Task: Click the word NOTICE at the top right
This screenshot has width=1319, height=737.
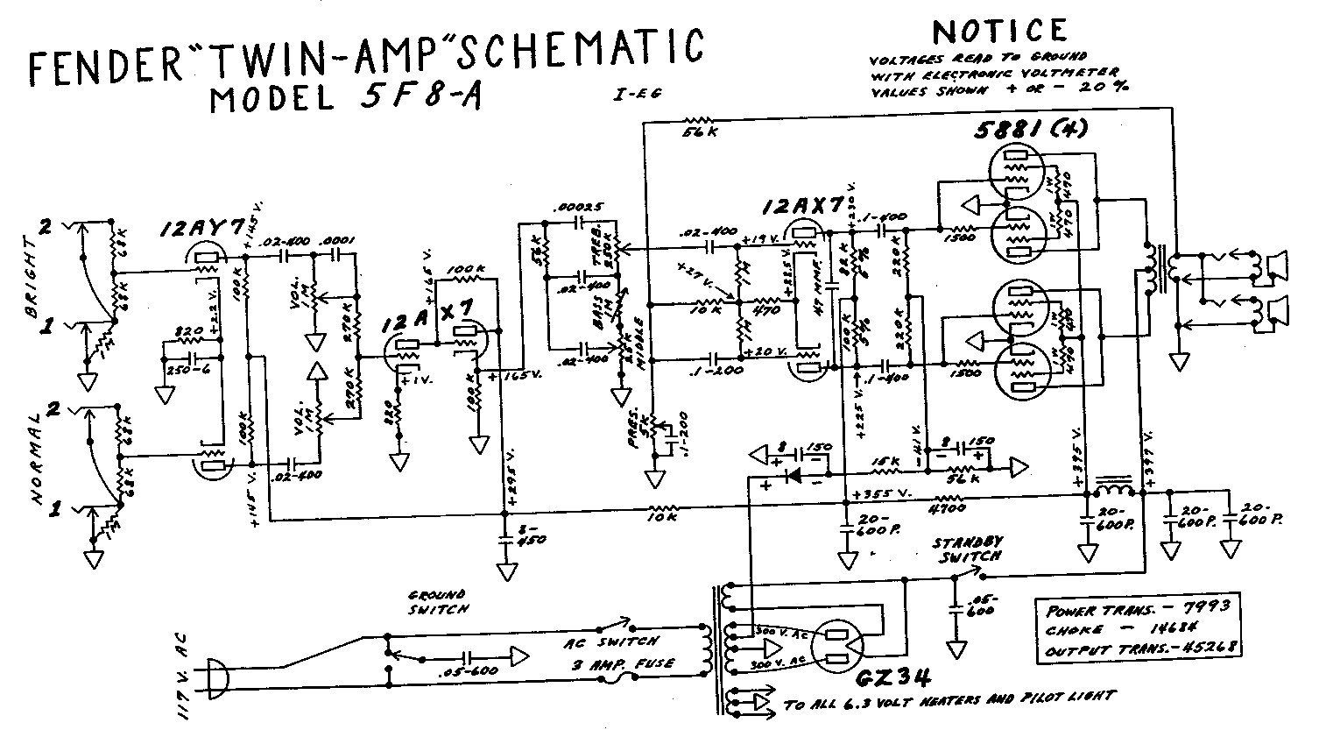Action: pos(999,32)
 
